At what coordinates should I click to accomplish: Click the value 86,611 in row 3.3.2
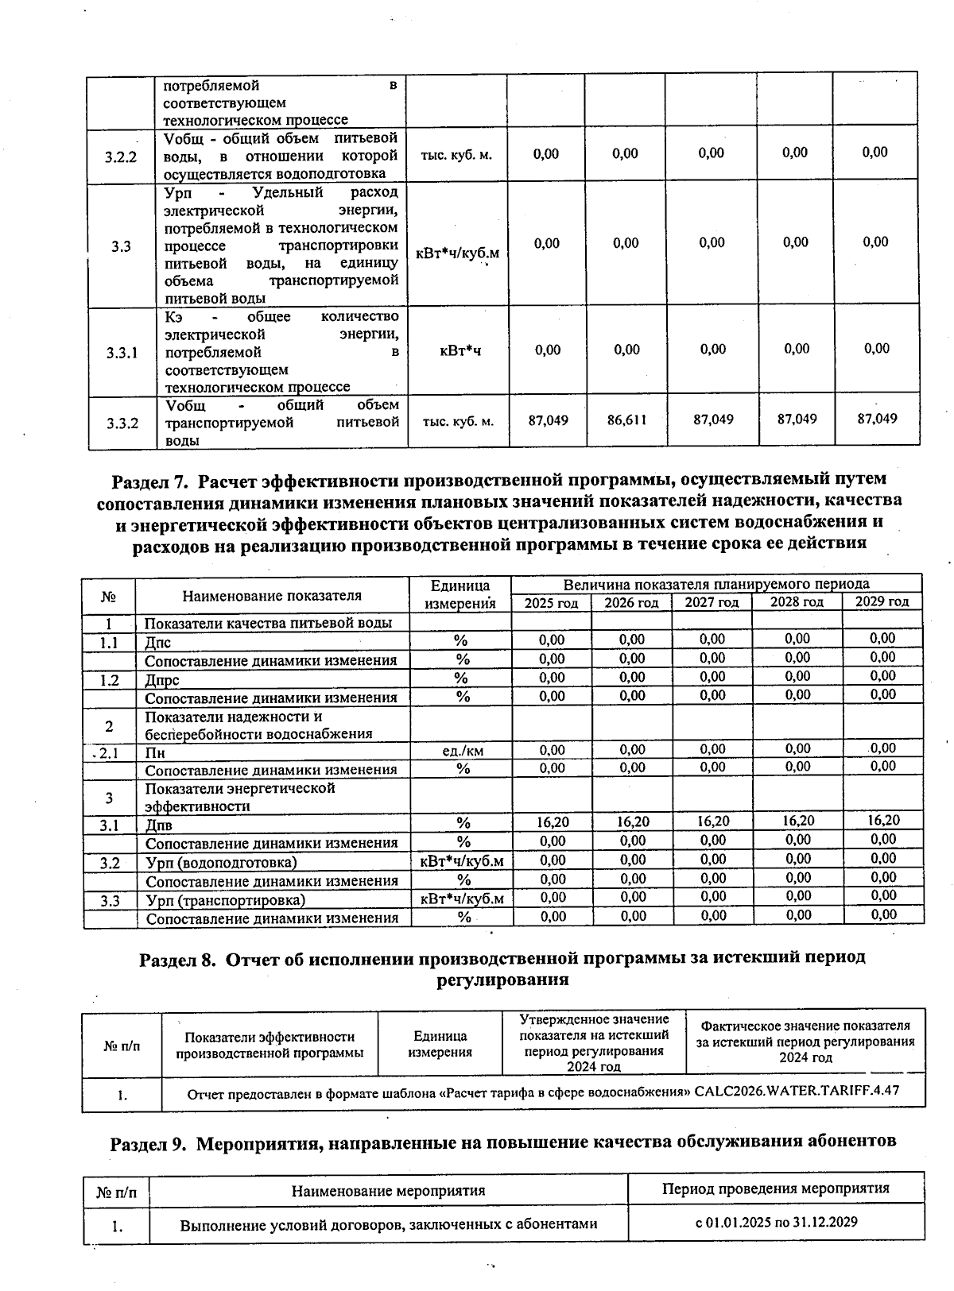point(626,419)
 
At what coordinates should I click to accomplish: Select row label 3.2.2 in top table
point(121,157)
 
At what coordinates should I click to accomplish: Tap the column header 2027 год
point(712,602)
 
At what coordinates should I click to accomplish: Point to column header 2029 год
point(882,601)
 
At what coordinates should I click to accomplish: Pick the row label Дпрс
point(162,680)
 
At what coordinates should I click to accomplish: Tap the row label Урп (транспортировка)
point(225,900)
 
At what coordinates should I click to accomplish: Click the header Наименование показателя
point(272,595)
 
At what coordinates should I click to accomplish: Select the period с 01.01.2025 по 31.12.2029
point(776,1222)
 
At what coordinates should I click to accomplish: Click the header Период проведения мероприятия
point(775,1189)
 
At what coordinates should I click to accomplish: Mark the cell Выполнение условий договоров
point(388,1224)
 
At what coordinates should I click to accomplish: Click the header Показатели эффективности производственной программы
point(270,1045)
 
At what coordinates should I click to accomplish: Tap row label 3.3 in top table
point(121,246)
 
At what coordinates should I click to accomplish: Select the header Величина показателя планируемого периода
point(715,584)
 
